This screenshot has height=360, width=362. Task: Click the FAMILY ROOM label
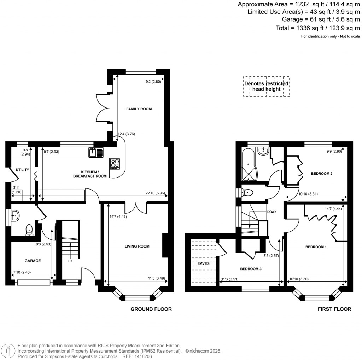[x=139, y=109]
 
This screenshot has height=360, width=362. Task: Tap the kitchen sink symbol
[x=96, y=152]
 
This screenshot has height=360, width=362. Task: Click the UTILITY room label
[x=22, y=170]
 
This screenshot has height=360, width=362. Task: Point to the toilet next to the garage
[x=29, y=230]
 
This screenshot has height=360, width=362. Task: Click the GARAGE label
[x=33, y=261]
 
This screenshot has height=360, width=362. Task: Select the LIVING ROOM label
[x=137, y=246]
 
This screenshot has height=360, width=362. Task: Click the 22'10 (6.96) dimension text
[x=155, y=193]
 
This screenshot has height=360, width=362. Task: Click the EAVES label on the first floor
[x=203, y=263]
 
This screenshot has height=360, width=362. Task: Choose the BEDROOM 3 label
[x=251, y=269]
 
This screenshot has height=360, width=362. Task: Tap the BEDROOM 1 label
[x=316, y=247]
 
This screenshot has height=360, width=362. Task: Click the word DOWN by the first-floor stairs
[x=272, y=212]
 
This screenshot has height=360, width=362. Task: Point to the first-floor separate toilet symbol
[x=248, y=193]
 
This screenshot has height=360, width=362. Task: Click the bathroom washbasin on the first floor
[x=263, y=151]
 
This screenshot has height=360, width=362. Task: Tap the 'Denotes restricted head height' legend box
[x=267, y=86]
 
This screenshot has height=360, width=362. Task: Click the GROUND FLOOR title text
[x=151, y=309]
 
